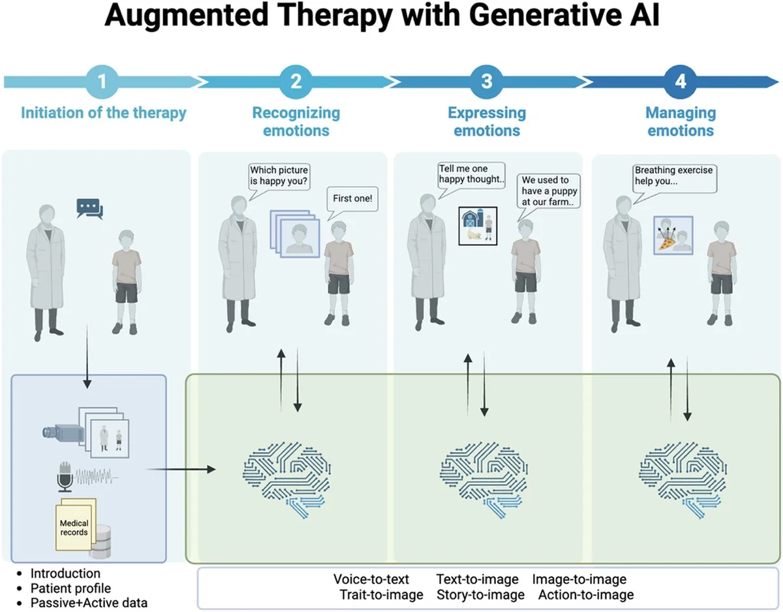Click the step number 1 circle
coord(102,82)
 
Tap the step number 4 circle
coord(681,82)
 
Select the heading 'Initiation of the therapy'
coord(103,113)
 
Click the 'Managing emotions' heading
coord(681,121)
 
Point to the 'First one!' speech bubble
coord(352,199)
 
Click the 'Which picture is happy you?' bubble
coord(279,176)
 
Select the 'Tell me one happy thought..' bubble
coord(471,174)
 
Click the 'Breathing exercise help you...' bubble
coord(674,176)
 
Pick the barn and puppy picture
coord(478,225)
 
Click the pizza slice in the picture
coord(666,243)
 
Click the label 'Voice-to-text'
coord(371,579)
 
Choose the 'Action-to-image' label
coord(585,594)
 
